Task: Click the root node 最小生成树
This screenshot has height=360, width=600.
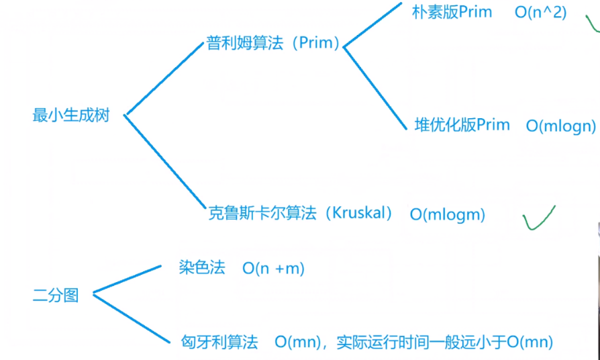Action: (x=70, y=115)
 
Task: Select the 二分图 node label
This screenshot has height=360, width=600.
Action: (x=56, y=295)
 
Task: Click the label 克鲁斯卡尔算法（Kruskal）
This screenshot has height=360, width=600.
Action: (x=300, y=214)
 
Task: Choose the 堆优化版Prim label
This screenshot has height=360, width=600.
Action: (x=462, y=125)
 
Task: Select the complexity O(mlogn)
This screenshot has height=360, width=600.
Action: (x=560, y=126)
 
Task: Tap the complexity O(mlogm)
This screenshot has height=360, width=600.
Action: (x=447, y=215)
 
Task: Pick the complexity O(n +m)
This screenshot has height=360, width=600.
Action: (x=273, y=269)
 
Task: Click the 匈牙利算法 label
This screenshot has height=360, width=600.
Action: (x=219, y=342)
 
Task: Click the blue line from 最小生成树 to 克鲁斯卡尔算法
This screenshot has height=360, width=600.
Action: (x=164, y=162)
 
